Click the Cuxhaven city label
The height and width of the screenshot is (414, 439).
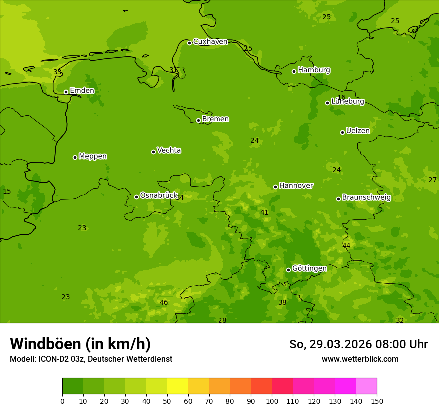pos(210,42)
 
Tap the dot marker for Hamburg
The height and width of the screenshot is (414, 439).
pos(294,71)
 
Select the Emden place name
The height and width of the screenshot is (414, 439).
pos(82,91)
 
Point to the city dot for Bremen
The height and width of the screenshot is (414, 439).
pos(198,120)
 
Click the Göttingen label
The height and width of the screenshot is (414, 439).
pos(309,269)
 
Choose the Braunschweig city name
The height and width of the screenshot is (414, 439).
pos(366,198)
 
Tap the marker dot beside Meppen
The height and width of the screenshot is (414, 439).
pos(75,157)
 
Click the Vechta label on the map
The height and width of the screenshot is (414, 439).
pos(169,150)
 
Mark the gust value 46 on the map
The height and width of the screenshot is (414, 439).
pos(164,302)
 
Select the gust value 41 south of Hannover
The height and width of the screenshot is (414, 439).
pos(264,213)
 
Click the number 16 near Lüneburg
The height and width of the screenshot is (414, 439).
pos(341,98)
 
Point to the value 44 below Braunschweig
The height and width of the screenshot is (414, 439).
pos(346,246)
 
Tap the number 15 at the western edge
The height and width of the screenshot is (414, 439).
pos(7,192)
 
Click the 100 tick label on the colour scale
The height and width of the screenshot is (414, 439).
pos(272,401)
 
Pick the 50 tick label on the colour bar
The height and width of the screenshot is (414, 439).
pos(167,401)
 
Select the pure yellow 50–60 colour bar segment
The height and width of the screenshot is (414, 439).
pos(178,386)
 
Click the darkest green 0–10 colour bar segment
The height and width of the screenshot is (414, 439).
pos(73,386)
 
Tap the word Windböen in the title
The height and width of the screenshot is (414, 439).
pos(45,344)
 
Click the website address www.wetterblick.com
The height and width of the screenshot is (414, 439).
pos(360,359)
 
